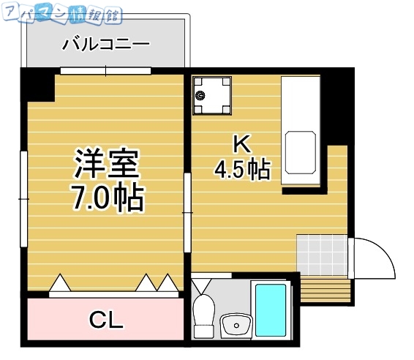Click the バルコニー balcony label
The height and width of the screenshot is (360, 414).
pos(105,45)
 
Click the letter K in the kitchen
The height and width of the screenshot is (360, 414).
pos(241,143)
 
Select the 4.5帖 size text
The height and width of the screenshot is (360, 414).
pos(241,170)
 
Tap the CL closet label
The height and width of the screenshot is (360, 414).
pos(106,320)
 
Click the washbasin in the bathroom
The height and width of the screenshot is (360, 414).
pos(236,324)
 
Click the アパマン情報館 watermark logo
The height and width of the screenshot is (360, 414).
pos(61,13)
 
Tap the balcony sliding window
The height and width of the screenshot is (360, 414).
pos(106,71)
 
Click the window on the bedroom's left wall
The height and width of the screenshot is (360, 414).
pos(23,198)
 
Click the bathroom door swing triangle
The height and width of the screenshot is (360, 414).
pos(203,284)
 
